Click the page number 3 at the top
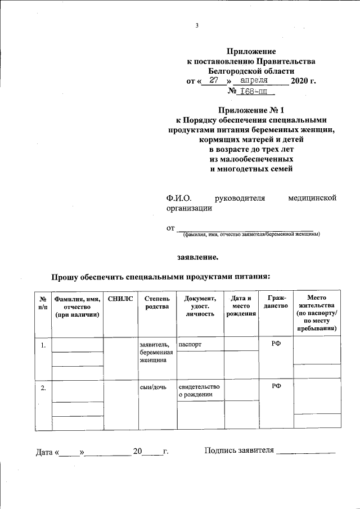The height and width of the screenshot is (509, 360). [x=197, y=25]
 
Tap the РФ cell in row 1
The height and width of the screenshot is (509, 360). [x=276, y=344]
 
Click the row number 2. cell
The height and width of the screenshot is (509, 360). [x=43, y=387]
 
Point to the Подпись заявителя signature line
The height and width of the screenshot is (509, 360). [x=307, y=451]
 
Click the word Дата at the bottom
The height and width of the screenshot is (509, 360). [x=44, y=451]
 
